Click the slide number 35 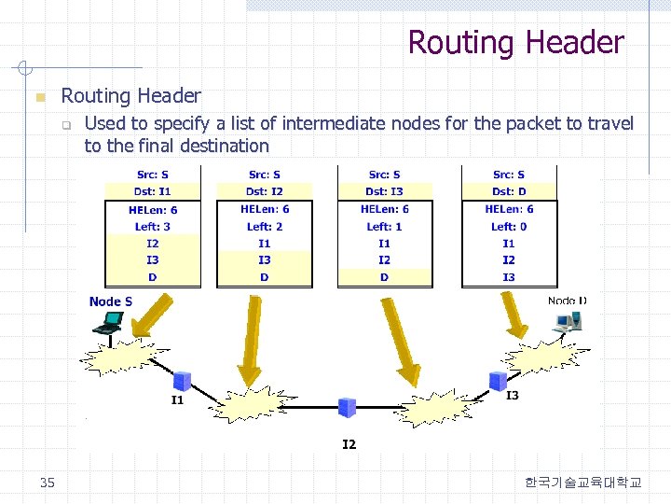(x=48, y=483)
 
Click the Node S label (x=111, y=301)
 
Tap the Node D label (x=568, y=301)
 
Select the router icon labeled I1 (x=182, y=381)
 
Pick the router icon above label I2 (x=347, y=407)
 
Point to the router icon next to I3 (x=498, y=380)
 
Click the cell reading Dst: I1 (x=152, y=191)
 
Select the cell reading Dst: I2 (x=265, y=191)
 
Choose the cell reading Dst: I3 (x=384, y=191)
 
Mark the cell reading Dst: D (x=509, y=191)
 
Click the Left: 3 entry (x=153, y=227)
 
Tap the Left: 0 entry (x=509, y=227)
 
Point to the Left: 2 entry (x=265, y=227)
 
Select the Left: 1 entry (x=384, y=227)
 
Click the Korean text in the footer (x=582, y=483)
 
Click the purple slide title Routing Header (x=515, y=42)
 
